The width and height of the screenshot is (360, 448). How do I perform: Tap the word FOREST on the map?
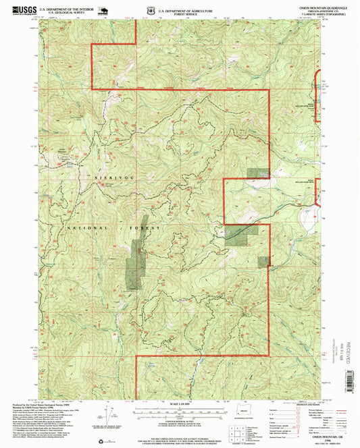click(x=149, y=229)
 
